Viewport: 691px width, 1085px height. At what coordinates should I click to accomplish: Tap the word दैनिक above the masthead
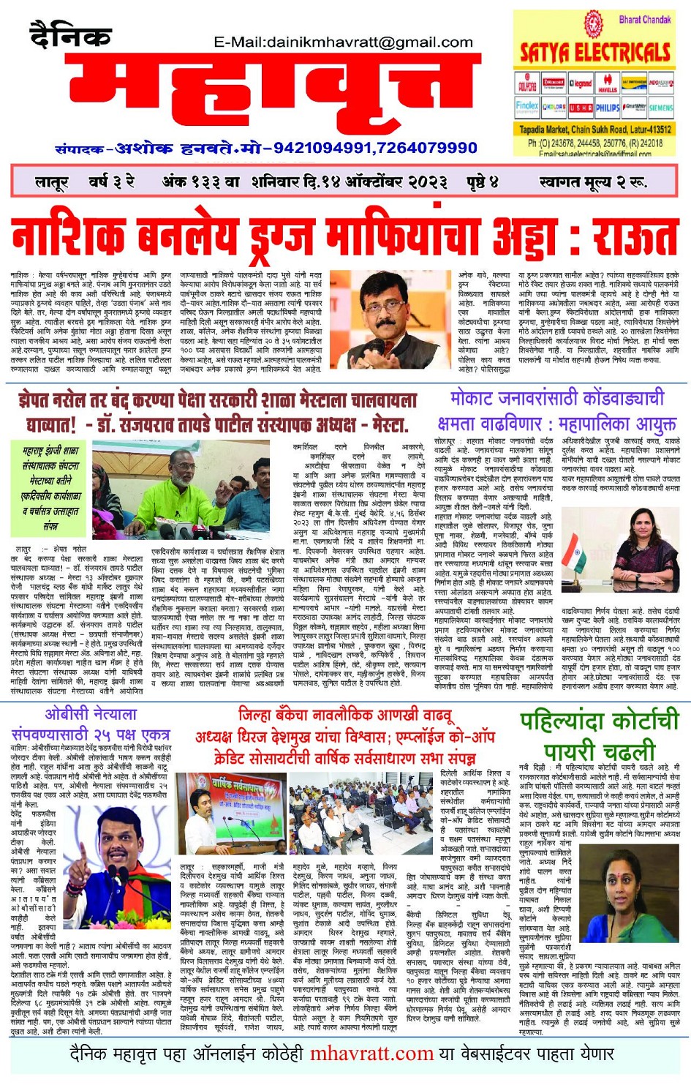pyautogui.click(x=70, y=34)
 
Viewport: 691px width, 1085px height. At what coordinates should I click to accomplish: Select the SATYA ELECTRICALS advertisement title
pyautogui.click(x=594, y=52)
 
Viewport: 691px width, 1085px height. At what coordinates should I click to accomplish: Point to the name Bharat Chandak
pyautogui.click(x=644, y=20)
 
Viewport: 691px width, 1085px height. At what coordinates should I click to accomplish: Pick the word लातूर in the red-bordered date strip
pyautogui.click(x=52, y=182)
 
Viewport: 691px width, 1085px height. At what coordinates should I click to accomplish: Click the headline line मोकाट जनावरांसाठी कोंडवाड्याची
pyautogui.click(x=557, y=399)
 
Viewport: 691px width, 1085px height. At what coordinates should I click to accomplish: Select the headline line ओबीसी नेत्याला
pyautogui.click(x=91, y=713)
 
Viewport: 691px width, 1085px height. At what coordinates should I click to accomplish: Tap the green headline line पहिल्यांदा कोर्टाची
pyautogui.click(x=600, y=721)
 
